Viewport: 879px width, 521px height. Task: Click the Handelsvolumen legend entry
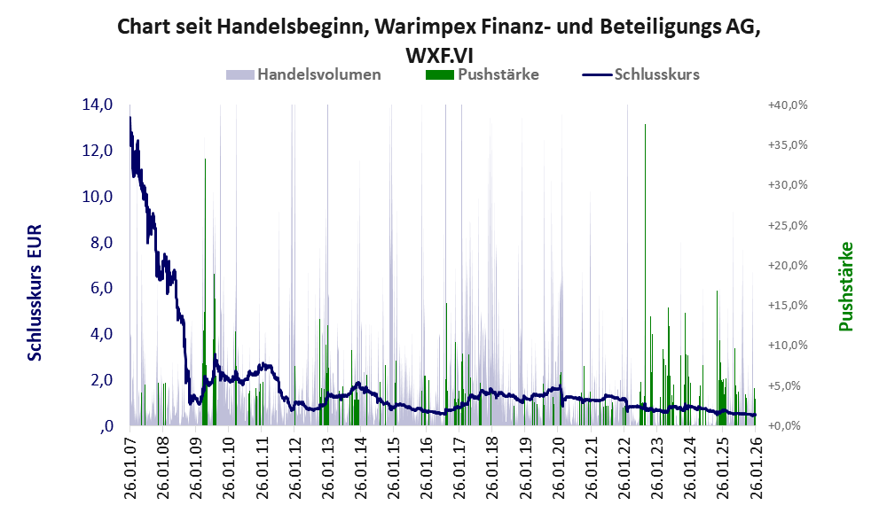319,74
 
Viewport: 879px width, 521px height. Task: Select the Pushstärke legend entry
498,74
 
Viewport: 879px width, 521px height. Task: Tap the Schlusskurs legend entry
656,74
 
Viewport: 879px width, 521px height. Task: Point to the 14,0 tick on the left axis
98,105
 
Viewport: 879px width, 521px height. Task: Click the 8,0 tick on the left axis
98,243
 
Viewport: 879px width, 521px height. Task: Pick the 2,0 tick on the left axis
98,380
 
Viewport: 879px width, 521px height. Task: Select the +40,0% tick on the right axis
788,105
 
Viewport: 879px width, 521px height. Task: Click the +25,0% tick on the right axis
788,225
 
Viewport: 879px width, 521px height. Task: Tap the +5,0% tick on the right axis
788,385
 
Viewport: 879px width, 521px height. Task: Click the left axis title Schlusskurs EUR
35,292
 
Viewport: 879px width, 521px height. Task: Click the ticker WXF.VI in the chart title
439,53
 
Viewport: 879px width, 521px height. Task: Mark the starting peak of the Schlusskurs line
130,118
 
